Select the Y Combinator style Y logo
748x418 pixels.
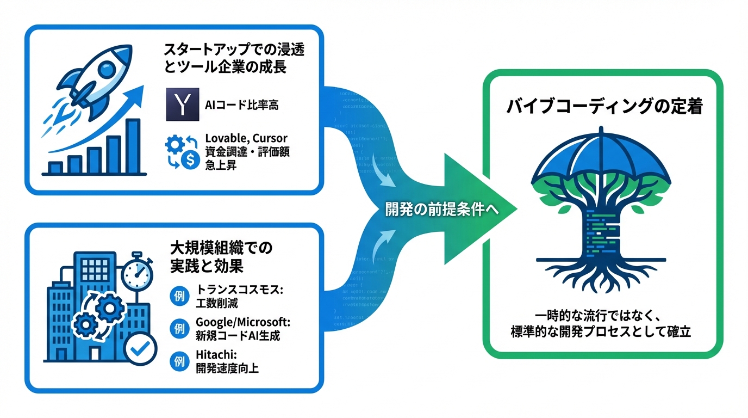point(182,104)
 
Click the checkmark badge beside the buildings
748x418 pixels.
point(139,349)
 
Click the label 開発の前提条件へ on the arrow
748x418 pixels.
point(441,210)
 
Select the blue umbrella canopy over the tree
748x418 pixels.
point(601,155)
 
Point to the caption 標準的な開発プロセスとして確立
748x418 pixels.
point(601,331)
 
